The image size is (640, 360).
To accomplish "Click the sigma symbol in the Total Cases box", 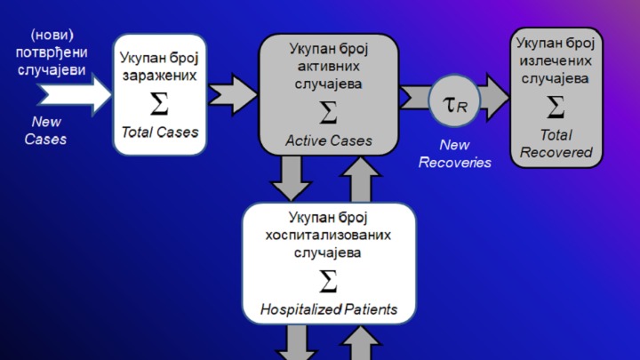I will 159,104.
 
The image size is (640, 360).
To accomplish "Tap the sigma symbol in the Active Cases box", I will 328,113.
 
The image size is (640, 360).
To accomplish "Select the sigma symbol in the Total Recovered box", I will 556,108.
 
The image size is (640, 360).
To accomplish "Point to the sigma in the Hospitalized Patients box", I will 328,282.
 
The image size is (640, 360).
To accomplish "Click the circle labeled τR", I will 454,104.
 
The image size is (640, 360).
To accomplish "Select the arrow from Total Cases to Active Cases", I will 232,91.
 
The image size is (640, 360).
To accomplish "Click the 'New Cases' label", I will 45,131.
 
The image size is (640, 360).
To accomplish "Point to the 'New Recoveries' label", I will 454,154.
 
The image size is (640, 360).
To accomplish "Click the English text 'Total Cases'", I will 160,132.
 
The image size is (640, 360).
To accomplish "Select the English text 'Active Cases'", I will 328,140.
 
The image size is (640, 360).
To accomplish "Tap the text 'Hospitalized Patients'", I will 328,309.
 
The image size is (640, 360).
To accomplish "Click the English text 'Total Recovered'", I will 556,143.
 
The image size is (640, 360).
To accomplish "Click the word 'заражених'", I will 159,76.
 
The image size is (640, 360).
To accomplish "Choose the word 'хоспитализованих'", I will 328,236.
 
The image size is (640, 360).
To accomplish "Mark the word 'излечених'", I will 556,60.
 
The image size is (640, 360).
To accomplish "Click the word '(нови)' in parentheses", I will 52,35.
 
